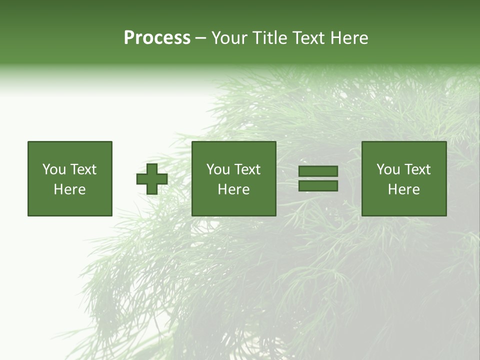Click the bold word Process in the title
pos(157,38)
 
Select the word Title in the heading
pos(268,38)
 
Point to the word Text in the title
pos(309,38)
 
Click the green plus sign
pos(152,178)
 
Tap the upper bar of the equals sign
pos(318,171)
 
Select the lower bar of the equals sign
pos(318,186)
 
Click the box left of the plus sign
pos(70,178)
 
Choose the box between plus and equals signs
pos(233,178)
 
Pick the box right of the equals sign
pos(404,178)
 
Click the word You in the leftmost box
pos(53,169)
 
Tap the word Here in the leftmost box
pos(69,189)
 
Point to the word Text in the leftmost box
pos(82,169)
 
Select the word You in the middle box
pos(217,169)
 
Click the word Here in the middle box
pos(233,189)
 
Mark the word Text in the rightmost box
pos(417,169)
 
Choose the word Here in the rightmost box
pos(403,189)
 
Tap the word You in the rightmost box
pos(387,169)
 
